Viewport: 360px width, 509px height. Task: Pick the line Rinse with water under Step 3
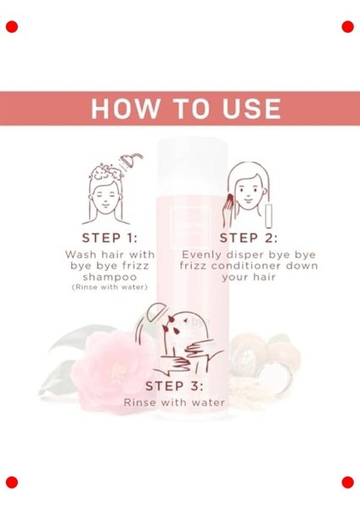174,402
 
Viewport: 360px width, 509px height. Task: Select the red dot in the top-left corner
12,26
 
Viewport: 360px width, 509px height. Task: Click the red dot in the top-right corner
347,26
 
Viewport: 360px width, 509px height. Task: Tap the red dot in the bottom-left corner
12,482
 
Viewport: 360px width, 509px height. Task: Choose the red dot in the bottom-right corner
347,482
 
